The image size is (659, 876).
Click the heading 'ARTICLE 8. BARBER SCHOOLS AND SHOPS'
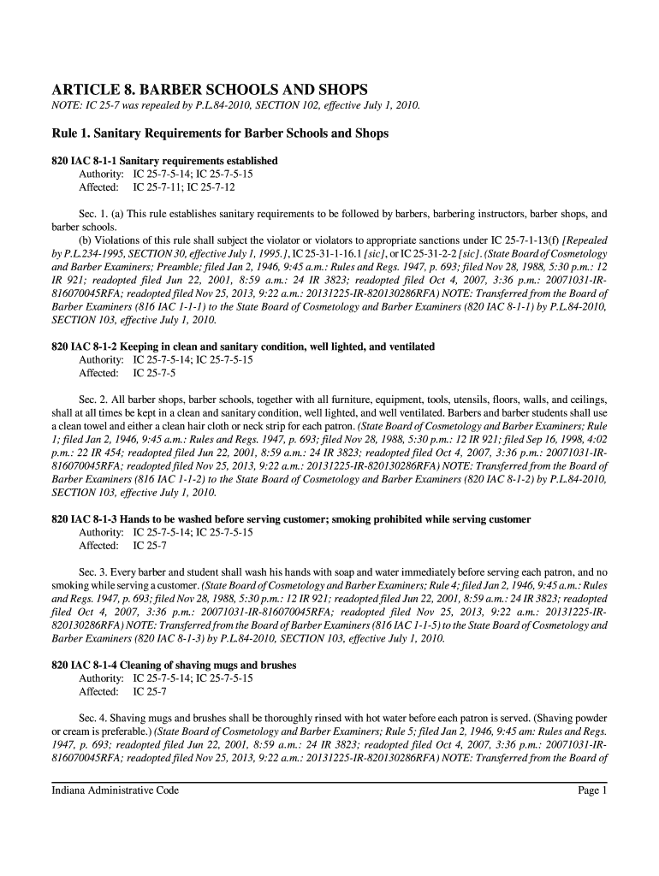tap(210, 89)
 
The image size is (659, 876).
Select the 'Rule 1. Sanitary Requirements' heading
tap(220, 133)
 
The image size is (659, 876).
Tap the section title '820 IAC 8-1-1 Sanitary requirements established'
tap(164, 161)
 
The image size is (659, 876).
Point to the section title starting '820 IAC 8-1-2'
tap(243, 346)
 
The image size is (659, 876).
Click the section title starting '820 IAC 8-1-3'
tap(291, 519)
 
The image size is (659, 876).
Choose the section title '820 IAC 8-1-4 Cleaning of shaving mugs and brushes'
tap(174, 665)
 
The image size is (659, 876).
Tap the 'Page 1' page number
tap(591, 791)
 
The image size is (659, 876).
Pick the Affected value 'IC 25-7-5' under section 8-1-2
tap(154, 373)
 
